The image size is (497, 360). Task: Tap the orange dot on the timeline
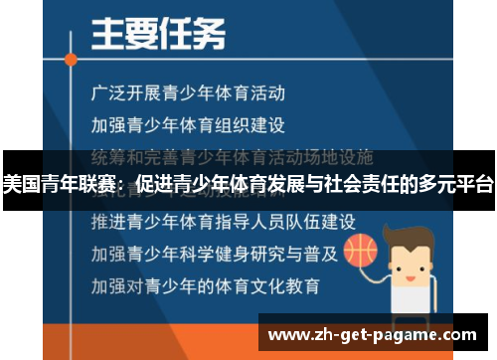71,59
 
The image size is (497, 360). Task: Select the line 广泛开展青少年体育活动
187,94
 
